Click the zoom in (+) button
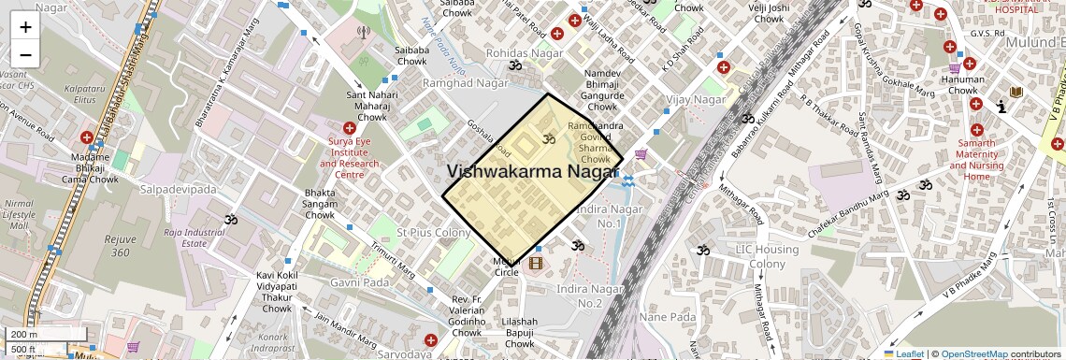(x=25, y=26)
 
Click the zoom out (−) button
(x=25, y=54)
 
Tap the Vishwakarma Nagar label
(x=533, y=172)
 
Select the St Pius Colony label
(x=433, y=232)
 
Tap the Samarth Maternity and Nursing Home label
(x=976, y=158)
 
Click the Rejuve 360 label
(x=120, y=246)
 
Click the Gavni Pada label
(x=360, y=282)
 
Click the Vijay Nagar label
(x=696, y=99)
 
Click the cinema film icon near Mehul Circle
(x=535, y=264)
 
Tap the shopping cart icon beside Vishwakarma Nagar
(x=641, y=154)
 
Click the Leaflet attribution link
(x=903, y=353)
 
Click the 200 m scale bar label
(x=25, y=335)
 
